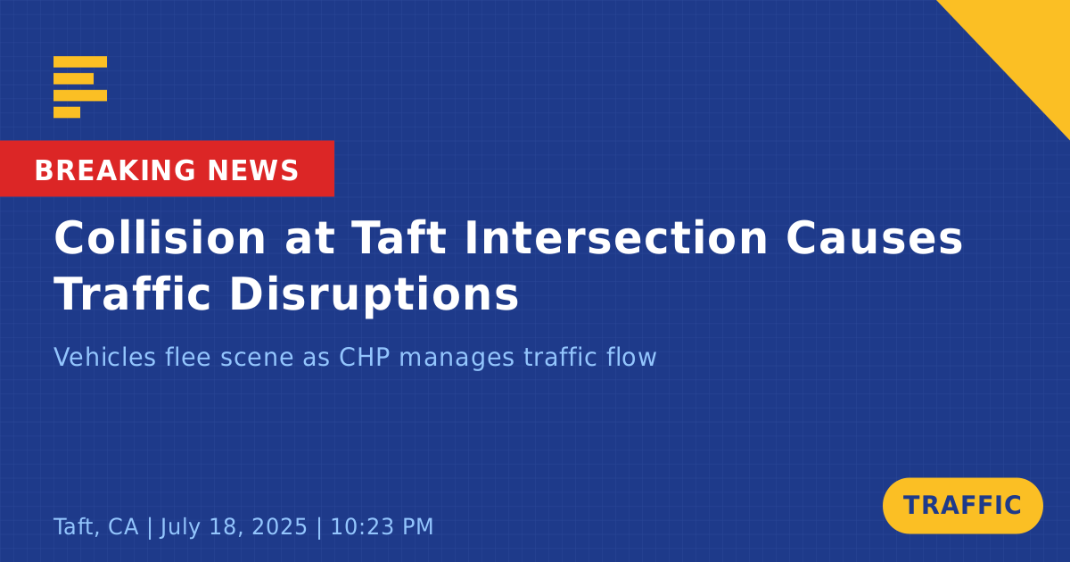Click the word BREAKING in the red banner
pyautogui.click(x=115, y=170)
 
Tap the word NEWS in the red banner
pyautogui.click(x=253, y=170)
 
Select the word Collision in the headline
pyautogui.click(x=160, y=238)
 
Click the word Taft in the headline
pyautogui.click(x=399, y=238)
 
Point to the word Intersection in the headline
pyautogui.click(x=616, y=238)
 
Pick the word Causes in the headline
pyautogui.click(x=874, y=238)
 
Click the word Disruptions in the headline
pyautogui.click(x=374, y=295)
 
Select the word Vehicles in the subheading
pyautogui.click(x=104, y=357)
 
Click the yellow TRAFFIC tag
pyautogui.click(x=962, y=506)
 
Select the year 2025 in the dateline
pyautogui.click(x=279, y=526)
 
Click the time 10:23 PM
pyautogui.click(x=382, y=526)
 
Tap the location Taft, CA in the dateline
pyautogui.click(x=96, y=527)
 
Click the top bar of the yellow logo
pyautogui.click(x=80, y=62)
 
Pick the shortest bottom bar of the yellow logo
pyautogui.click(x=67, y=112)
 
